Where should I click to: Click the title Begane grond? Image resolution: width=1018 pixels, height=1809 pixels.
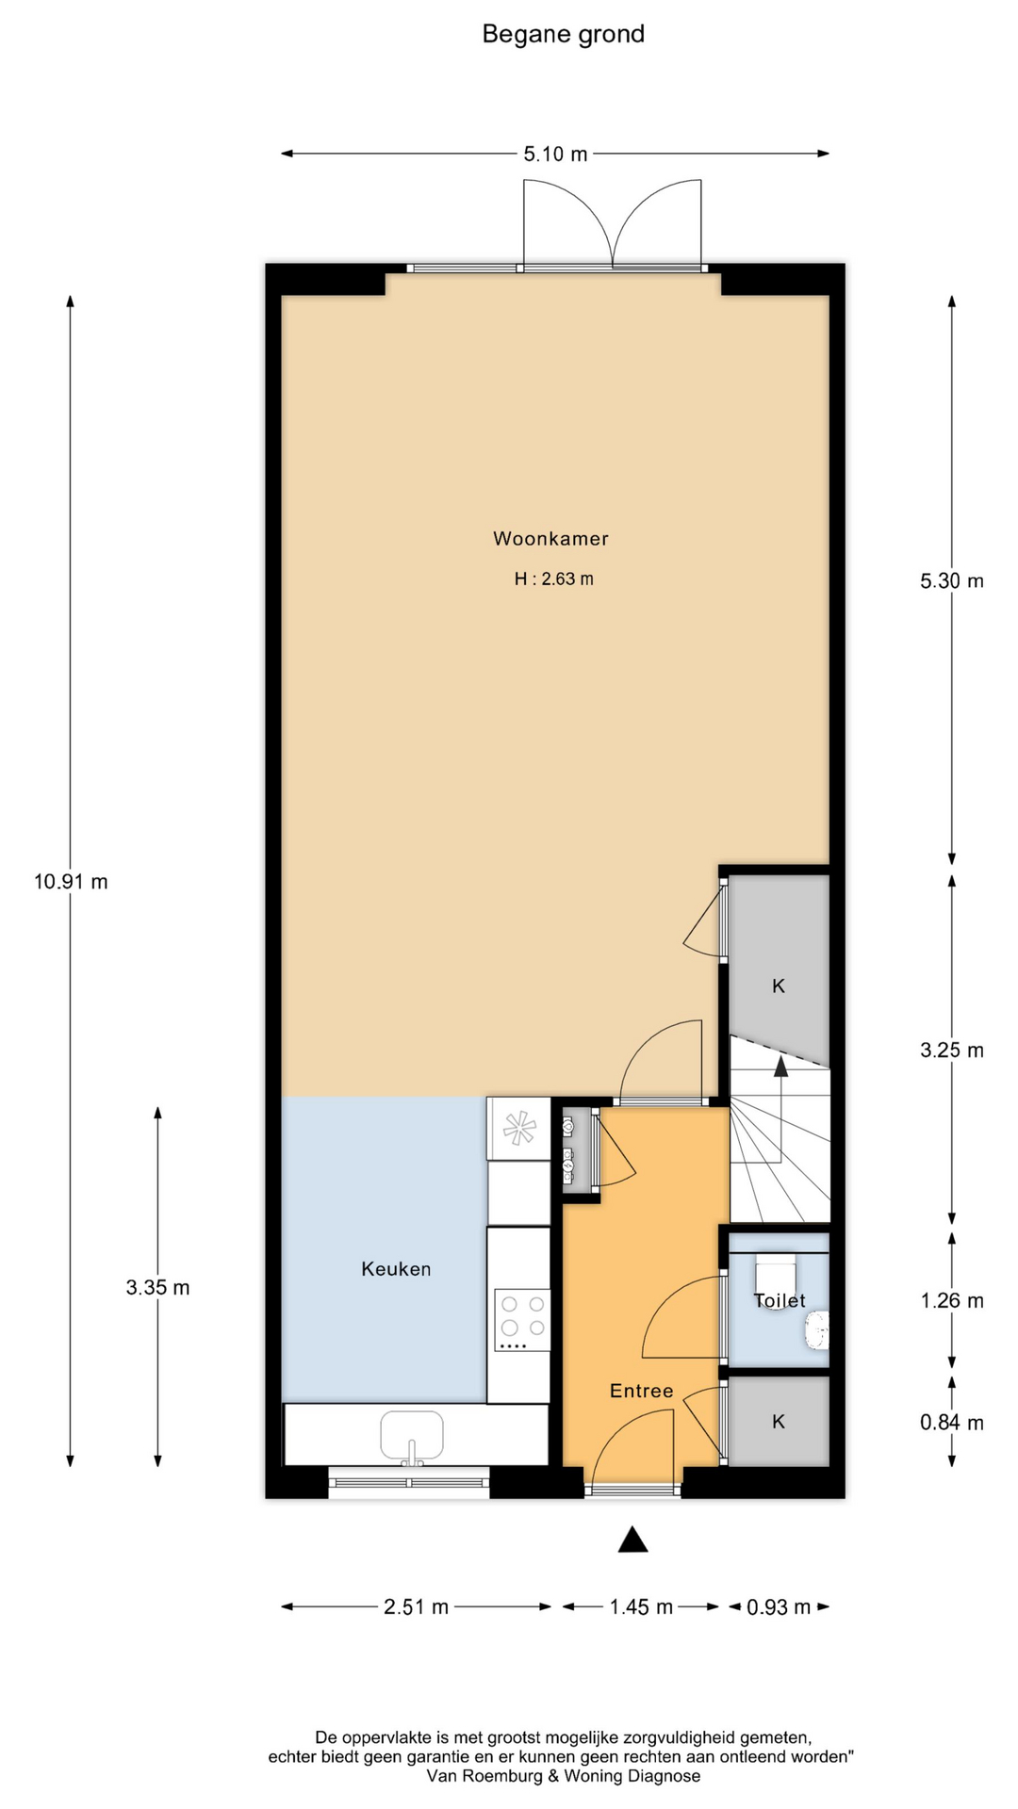click(563, 35)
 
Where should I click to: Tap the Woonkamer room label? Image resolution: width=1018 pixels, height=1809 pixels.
click(550, 539)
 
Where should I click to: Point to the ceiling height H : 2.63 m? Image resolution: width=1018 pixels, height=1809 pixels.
click(553, 579)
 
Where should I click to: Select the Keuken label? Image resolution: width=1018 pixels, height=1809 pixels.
click(396, 1269)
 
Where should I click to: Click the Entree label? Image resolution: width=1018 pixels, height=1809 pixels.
click(641, 1391)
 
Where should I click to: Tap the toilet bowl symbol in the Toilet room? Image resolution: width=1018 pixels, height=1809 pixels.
click(816, 1330)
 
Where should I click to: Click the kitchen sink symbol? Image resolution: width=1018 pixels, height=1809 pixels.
click(412, 1434)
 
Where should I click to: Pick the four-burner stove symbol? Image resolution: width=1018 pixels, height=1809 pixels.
click(523, 1319)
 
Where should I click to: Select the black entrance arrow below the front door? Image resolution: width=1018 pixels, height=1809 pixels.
click(632, 1540)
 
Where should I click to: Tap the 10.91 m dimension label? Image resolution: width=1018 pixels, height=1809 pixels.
click(71, 882)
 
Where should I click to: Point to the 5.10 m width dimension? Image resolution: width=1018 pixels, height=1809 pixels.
click(555, 154)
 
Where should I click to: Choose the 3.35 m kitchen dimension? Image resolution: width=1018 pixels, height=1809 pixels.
click(157, 1287)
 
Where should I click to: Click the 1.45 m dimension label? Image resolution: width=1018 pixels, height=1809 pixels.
click(641, 1606)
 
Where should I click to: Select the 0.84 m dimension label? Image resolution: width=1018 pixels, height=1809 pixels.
click(952, 1423)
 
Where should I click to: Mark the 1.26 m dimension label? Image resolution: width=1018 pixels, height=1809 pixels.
click(952, 1301)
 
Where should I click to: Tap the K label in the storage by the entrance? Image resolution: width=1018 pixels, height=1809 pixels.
click(779, 1422)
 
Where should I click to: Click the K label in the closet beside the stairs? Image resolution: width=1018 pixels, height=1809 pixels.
click(779, 986)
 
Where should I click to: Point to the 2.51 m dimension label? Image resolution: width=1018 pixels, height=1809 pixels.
click(416, 1606)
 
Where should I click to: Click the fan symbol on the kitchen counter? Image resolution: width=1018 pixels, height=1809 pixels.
click(519, 1128)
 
